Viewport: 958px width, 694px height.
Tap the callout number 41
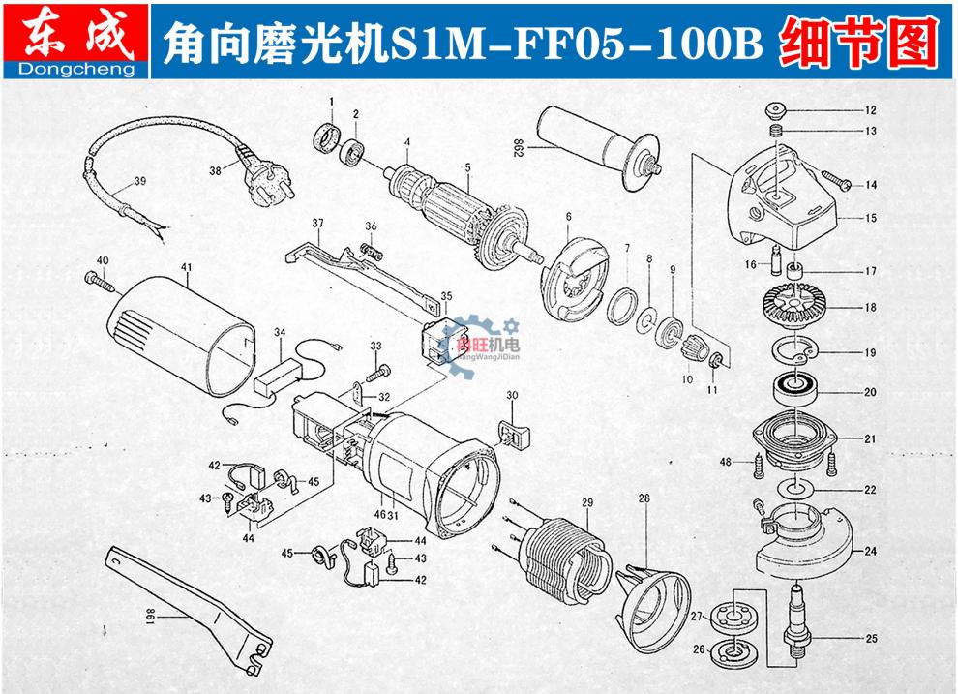(187, 266)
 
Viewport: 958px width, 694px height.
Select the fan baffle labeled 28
(651, 589)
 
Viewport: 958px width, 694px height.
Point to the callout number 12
(870, 109)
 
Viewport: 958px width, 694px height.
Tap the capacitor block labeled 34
(278, 376)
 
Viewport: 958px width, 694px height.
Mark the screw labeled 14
(833, 180)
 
